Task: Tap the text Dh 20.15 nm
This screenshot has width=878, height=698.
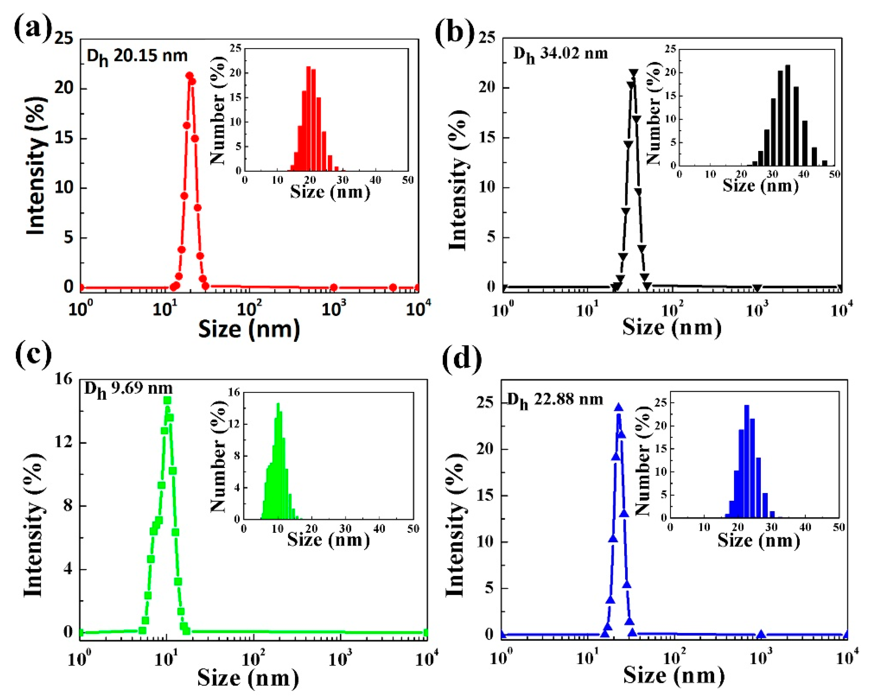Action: pos(137,56)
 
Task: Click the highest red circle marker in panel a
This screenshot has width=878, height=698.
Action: pos(189,75)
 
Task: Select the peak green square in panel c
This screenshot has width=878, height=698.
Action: pos(167,400)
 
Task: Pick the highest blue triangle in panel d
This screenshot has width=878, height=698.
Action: pos(618,407)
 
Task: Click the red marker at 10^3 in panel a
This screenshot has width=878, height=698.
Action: pos(334,288)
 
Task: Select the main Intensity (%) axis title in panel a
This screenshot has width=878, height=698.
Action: pos(36,166)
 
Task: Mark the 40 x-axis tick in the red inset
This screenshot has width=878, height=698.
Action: pos(375,180)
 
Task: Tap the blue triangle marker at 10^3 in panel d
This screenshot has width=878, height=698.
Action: pos(761,634)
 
